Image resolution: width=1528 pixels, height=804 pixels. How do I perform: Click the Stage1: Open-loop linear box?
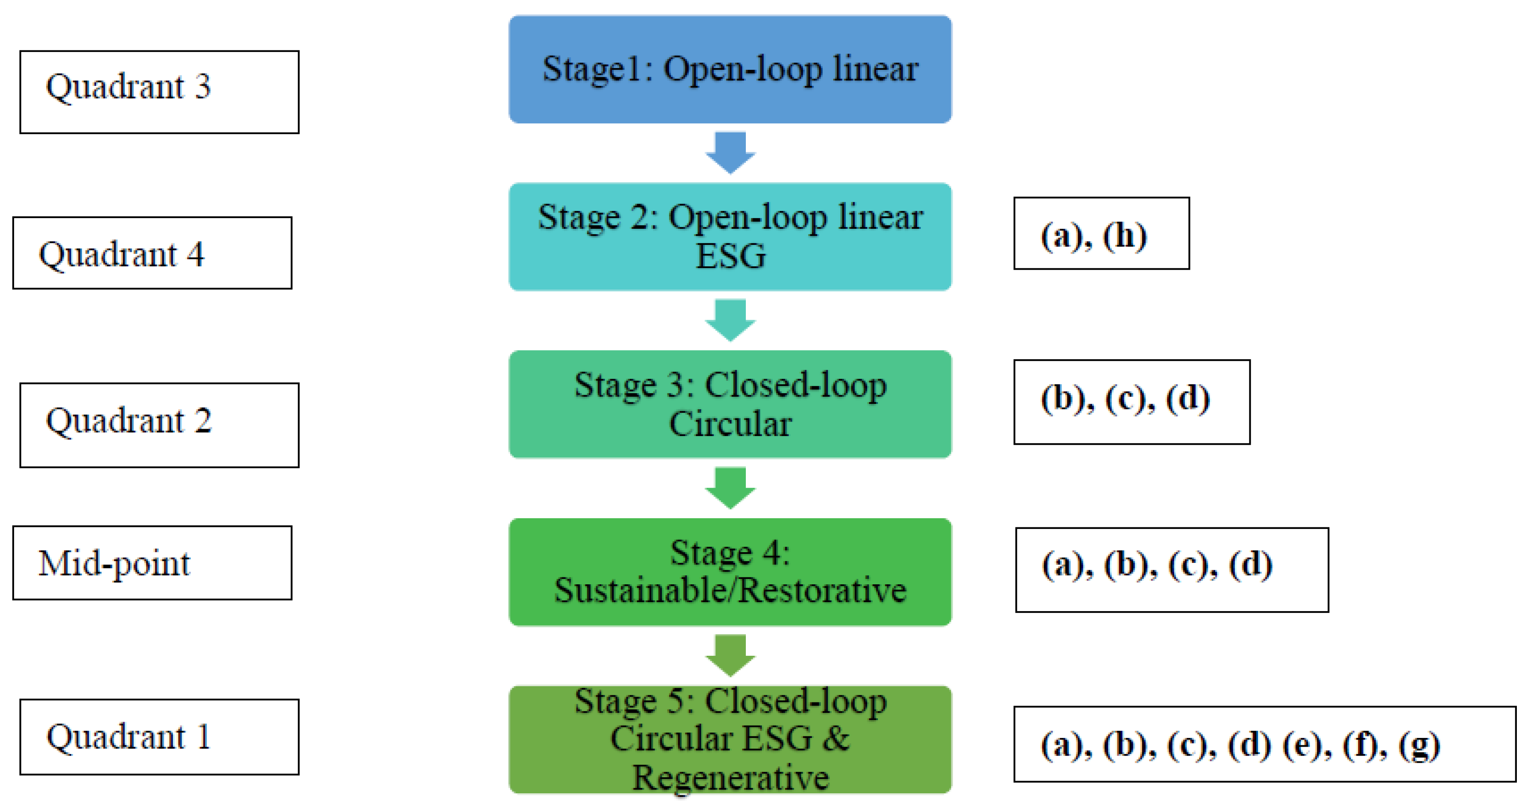click(x=730, y=69)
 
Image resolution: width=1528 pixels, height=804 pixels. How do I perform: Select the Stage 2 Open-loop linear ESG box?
click(x=730, y=236)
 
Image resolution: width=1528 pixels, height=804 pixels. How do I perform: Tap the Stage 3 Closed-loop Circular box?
click(x=730, y=404)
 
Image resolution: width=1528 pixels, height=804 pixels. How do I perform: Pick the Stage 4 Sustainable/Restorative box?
click(x=730, y=572)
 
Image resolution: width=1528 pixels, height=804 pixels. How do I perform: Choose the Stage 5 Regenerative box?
click(x=730, y=739)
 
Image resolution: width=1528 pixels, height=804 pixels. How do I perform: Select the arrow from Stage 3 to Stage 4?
click(x=730, y=488)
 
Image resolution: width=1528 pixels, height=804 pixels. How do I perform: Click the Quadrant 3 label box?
click(x=159, y=92)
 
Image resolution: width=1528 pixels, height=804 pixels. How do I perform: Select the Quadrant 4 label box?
click(x=152, y=253)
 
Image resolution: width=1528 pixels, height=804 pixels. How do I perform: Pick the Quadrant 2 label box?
click(x=159, y=425)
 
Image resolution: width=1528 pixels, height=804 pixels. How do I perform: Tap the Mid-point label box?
click(x=152, y=562)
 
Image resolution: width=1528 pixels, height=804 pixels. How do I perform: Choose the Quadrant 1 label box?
click(x=159, y=736)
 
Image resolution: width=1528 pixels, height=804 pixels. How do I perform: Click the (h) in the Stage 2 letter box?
click(x=1125, y=236)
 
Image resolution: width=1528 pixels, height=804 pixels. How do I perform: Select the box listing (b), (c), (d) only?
click(x=1131, y=402)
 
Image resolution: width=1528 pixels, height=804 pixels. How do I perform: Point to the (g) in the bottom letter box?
click(x=1419, y=745)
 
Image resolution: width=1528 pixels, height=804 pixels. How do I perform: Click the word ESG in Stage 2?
click(x=730, y=256)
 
